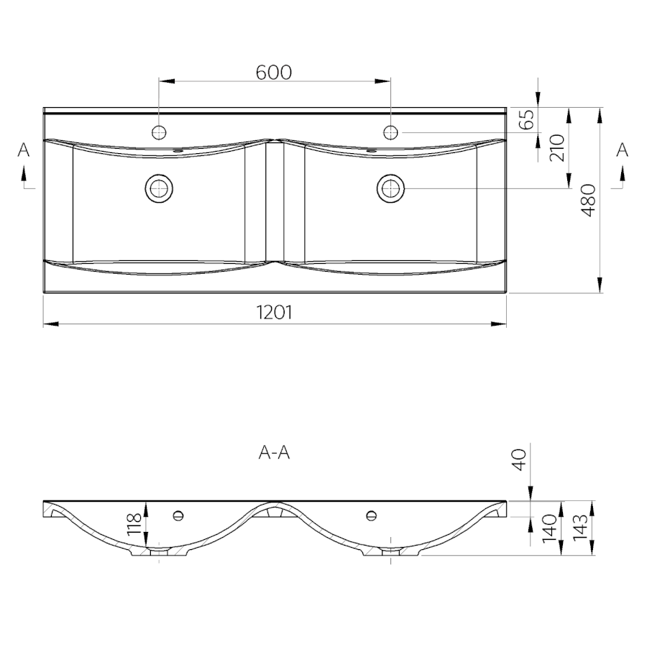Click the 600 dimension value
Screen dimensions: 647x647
pos(274,73)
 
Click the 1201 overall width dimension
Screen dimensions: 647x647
pos(275,313)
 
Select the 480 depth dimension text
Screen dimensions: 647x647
pos(588,201)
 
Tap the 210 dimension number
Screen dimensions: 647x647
pos(557,147)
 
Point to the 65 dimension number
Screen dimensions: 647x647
pos(526,119)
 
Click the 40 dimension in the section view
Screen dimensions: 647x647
pos(519,460)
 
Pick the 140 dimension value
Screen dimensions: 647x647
pos(550,529)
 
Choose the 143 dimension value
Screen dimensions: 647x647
pos(579,526)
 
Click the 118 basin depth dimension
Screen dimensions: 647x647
pos(134,525)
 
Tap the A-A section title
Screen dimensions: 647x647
pos(274,453)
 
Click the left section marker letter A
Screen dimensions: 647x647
pos(24,150)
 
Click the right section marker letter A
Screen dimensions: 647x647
pos(623,150)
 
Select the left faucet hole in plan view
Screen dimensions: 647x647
pos(159,132)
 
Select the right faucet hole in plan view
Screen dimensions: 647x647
pos(390,132)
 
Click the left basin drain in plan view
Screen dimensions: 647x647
pos(159,189)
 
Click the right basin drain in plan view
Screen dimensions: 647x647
pos(390,189)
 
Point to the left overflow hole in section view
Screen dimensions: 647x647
pos(178,515)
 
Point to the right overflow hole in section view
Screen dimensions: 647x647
pos(371,515)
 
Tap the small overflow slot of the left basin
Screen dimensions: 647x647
pos(179,151)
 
